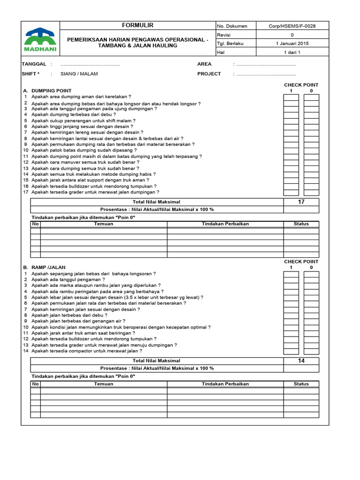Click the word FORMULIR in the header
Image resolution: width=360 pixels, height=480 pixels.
137,25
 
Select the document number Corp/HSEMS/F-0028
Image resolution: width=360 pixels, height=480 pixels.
292,26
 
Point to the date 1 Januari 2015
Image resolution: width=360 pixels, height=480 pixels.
292,44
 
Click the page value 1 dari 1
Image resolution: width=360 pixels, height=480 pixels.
292,52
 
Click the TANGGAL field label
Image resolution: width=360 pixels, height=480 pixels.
34,64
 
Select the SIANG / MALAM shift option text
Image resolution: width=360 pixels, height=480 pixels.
79,74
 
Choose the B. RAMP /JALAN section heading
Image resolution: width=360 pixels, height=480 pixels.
46,267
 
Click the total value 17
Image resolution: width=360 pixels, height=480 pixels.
301,202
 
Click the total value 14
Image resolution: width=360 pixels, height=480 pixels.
301,361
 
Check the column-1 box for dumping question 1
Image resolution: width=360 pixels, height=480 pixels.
291,97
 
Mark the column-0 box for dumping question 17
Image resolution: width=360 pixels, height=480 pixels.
311,192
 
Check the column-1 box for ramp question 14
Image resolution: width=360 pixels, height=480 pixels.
291,351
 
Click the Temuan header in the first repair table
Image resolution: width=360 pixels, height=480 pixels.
104,224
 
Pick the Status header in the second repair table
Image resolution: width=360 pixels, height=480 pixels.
301,384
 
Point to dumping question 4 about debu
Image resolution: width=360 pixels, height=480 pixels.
74,114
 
